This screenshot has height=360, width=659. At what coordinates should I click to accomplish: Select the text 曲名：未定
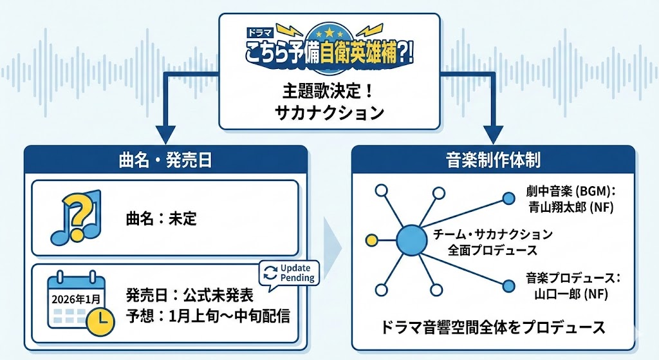pos(161,218)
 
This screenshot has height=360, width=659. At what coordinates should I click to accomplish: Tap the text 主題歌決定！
pos(329,90)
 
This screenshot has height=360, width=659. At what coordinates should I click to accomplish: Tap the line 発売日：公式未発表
pos(189,297)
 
